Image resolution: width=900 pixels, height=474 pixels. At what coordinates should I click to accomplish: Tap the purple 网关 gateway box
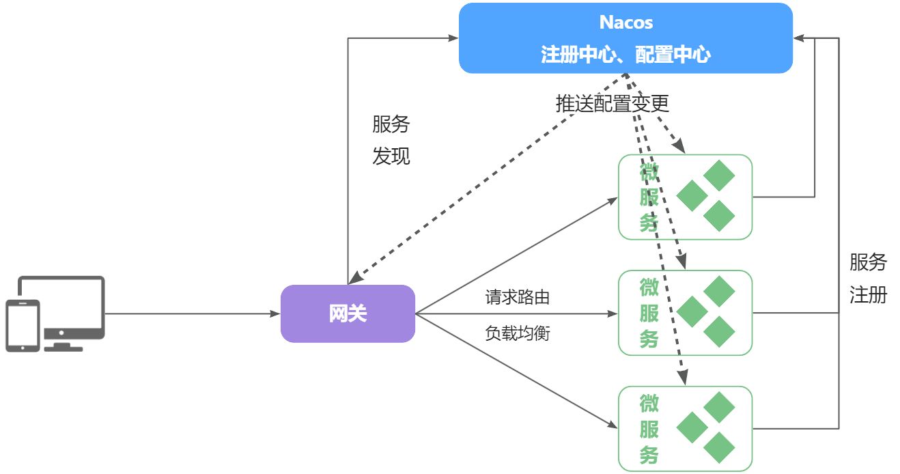(348, 313)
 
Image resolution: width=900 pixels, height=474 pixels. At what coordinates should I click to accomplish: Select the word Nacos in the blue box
(625, 23)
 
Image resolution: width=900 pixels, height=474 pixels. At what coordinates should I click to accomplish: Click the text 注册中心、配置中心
(625, 55)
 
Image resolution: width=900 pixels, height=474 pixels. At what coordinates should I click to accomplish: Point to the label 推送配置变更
(612, 103)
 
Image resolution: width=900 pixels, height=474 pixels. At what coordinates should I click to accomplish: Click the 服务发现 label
(391, 140)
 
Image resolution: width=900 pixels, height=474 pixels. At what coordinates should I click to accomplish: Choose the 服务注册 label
(868, 279)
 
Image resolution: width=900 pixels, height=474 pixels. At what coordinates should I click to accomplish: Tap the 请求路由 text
(518, 298)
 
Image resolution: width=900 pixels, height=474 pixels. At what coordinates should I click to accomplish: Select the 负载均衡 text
(518, 334)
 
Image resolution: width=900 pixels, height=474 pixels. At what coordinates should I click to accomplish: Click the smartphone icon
(23, 325)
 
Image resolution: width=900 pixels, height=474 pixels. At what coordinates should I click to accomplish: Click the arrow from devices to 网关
(191, 314)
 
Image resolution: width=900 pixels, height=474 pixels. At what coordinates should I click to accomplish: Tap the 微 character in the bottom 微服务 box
(649, 404)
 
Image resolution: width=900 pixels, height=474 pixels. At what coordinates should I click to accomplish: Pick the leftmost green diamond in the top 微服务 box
(692, 196)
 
